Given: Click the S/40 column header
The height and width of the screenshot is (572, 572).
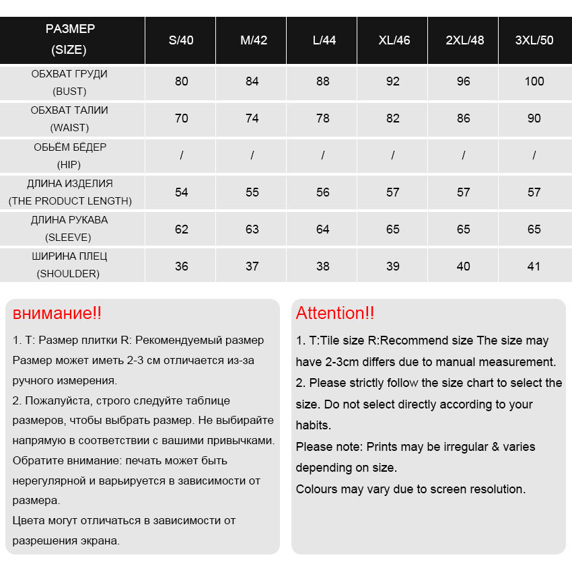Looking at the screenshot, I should point(181,40).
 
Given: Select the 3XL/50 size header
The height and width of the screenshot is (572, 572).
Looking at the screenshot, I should point(534,40).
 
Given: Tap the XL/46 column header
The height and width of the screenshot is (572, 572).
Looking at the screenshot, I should point(394,40).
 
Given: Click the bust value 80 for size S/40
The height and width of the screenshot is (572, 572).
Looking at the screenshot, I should point(182,81).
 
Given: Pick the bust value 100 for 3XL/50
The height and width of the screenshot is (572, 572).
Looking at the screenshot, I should point(534,81).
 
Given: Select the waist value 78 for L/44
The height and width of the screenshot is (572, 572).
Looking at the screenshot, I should point(323,118).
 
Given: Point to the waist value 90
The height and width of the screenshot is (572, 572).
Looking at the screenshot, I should point(534,118).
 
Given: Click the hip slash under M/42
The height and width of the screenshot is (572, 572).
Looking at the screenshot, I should point(252,155).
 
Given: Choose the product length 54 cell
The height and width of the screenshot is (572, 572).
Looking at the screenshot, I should point(182,192).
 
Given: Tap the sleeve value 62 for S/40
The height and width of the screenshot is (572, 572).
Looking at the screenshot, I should point(182,229).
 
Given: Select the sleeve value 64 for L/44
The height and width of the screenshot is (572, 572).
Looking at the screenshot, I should point(323,229).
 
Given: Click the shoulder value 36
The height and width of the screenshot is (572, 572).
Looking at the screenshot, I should point(182,266).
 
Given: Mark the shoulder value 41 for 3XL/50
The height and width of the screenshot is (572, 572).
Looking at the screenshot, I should point(534,266).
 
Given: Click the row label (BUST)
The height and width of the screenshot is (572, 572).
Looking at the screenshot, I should point(69,91).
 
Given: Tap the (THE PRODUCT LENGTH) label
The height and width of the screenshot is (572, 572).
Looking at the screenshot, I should point(70,201).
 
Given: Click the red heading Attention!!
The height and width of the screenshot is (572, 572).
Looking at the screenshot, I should point(335,313).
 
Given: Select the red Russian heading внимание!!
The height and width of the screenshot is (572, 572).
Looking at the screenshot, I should point(57,313).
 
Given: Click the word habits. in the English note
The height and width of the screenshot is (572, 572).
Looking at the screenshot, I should point(314,425).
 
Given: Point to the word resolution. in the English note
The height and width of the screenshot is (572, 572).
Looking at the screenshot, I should point(497,489).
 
